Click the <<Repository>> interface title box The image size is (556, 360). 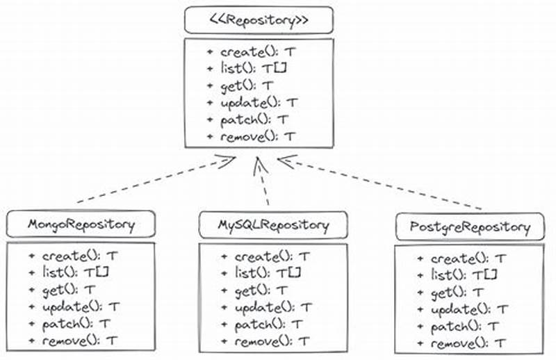pos(259,20)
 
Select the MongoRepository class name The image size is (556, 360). pos(81,224)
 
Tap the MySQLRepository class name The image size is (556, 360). pos(272,224)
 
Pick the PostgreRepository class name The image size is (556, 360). pos(471,227)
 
